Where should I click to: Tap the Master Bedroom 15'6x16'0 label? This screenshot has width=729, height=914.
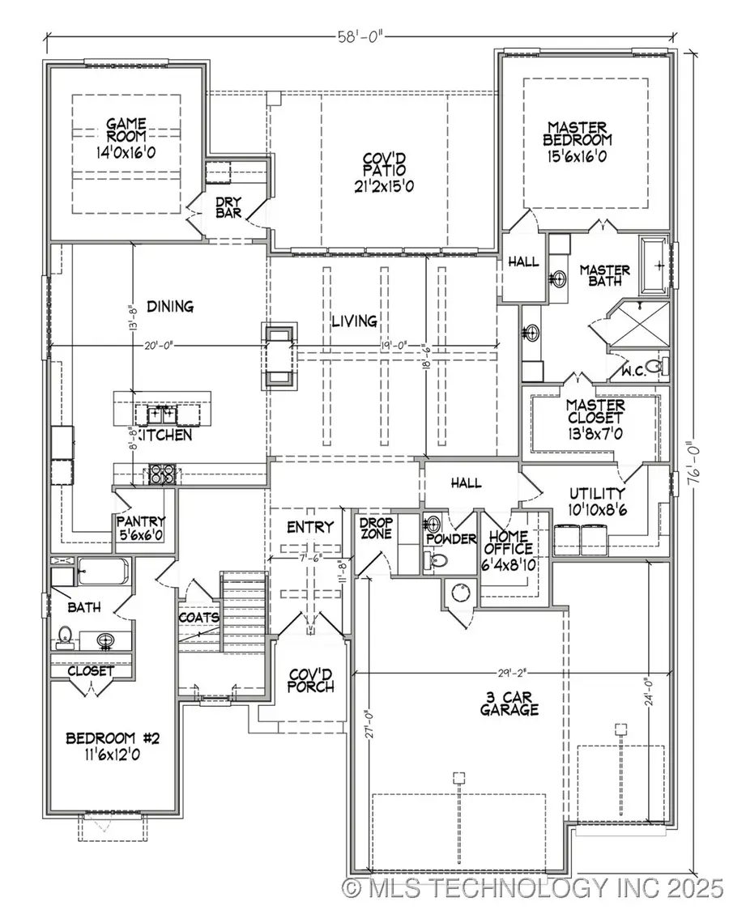[x=578, y=142]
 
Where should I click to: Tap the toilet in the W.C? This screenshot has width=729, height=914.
[x=663, y=368]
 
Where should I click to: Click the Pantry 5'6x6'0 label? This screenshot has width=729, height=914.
[x=142, y=528]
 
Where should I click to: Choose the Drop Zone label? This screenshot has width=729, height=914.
[x=376, y=529]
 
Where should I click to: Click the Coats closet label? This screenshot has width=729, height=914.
[x=198, y=617]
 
